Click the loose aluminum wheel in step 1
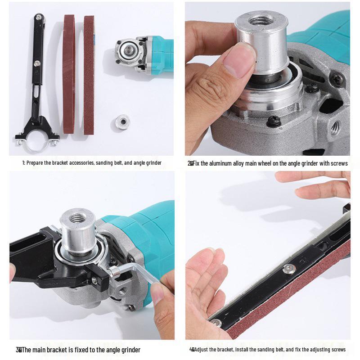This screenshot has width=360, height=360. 122,121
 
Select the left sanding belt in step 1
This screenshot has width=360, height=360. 68,74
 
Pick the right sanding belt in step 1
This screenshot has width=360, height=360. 89,74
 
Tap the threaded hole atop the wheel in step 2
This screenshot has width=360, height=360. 261,21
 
